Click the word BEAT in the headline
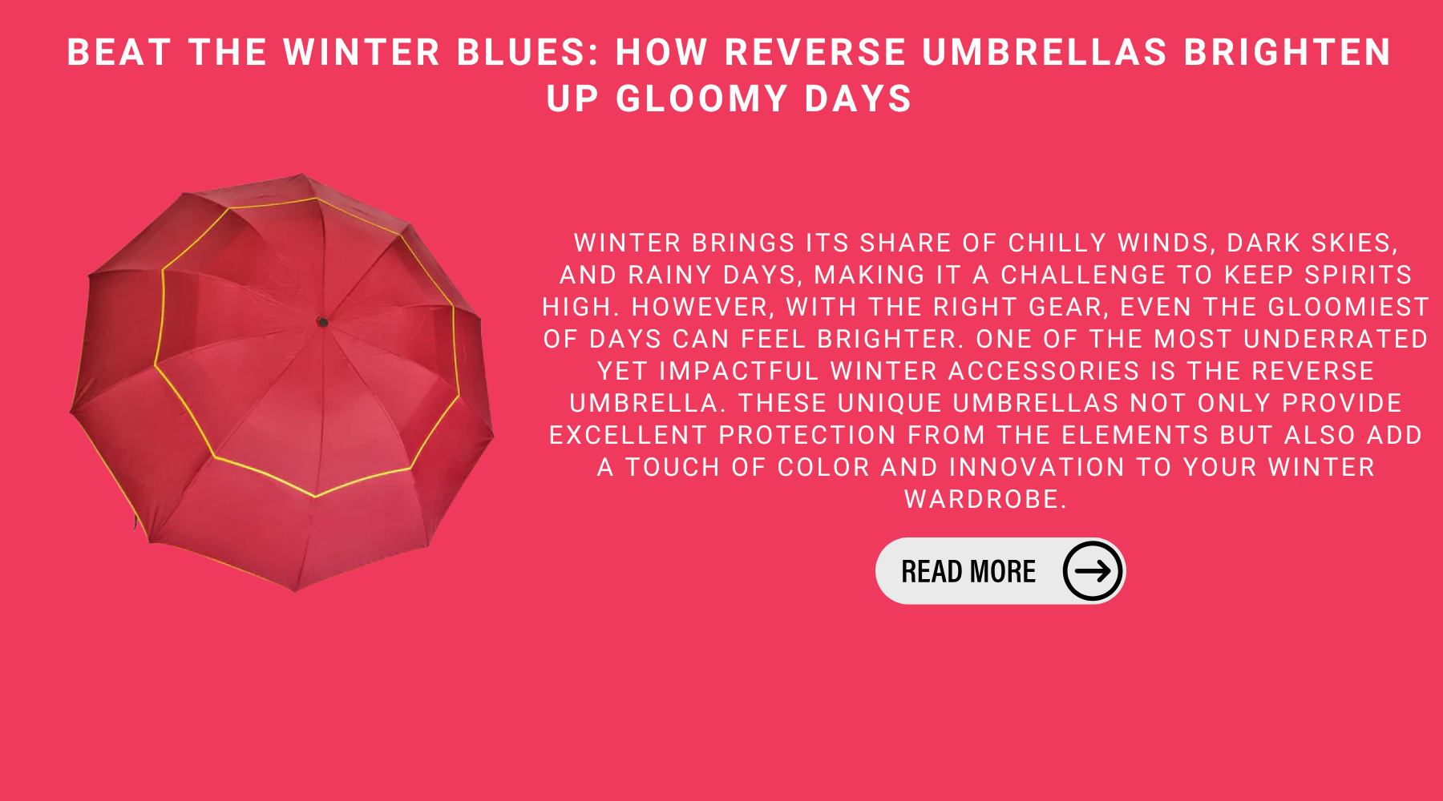click(119, 53)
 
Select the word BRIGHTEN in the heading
click(1287, 53)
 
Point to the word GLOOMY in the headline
click(702, 99)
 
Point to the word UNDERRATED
click(1336, 339)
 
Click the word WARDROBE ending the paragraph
click(985, 499)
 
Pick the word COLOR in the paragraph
click(823, 467)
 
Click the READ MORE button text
click(968, 571)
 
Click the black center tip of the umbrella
click(323, 322)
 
